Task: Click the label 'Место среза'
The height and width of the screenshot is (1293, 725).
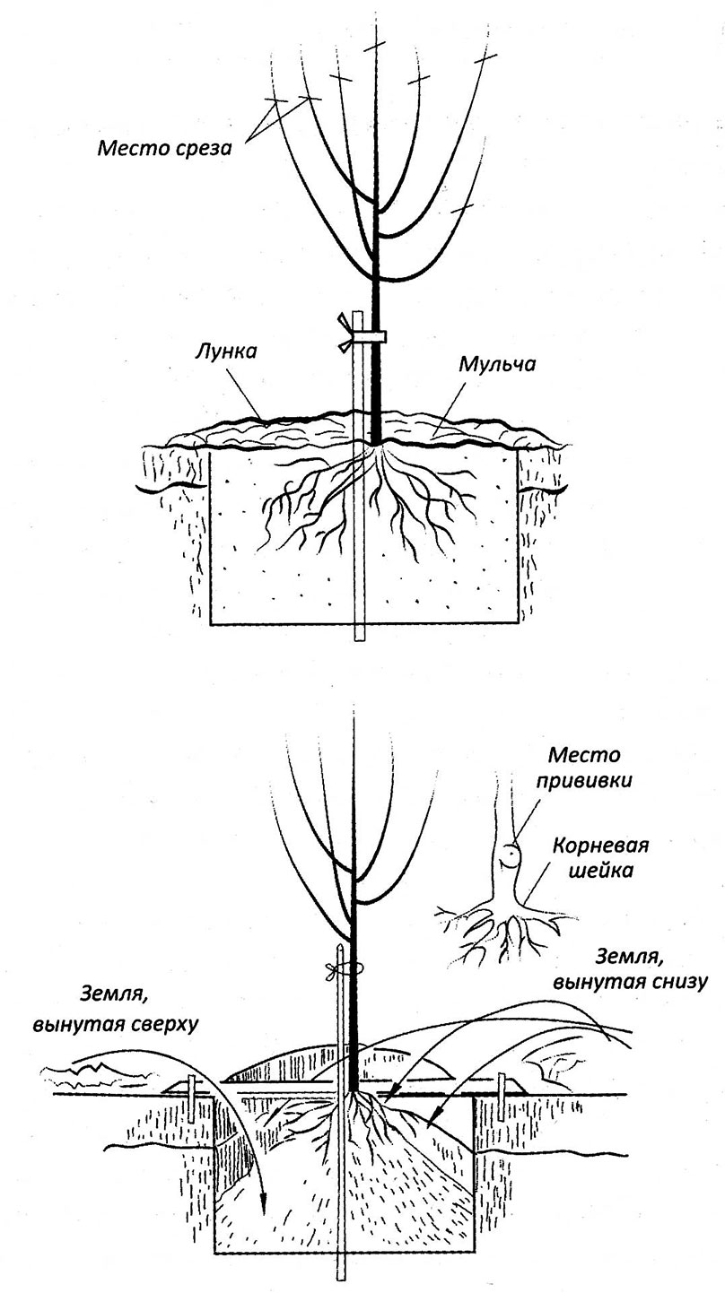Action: [164, 146]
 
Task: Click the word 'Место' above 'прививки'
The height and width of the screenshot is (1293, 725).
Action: [584, 757]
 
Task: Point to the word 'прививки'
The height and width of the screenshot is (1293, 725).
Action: [585, 780]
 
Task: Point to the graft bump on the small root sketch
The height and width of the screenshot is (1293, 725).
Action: [509, 854]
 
